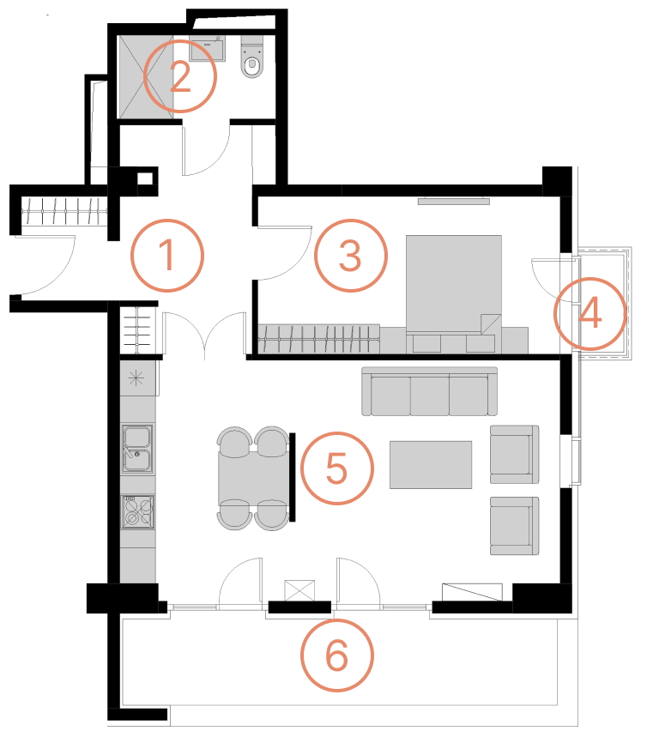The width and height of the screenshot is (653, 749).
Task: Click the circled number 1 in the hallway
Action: (x=167, y=256)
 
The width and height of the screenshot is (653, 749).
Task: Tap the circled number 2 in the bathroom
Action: (x=180, y=76)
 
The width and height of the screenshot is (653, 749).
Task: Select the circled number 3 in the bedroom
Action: (x=351, y=256)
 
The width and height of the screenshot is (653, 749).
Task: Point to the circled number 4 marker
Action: (x=590, y=314)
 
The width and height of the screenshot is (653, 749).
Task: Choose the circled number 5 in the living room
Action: (x=336, y=468)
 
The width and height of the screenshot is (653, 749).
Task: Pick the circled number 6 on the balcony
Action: (x=336, y=655)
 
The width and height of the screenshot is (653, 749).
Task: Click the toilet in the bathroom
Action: (x=251, y=57)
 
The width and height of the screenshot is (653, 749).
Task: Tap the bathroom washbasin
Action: (x=208, y=48)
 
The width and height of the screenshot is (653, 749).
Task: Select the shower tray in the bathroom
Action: (x=146, y=76)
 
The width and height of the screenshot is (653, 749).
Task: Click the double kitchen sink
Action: (x=137, y=449)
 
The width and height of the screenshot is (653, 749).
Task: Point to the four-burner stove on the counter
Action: (x=137, y=511)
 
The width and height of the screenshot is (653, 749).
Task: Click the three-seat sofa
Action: (x=429, y=391)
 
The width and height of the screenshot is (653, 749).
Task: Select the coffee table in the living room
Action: (x=431, y=465)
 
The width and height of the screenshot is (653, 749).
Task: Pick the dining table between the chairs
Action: (x=254, y=478)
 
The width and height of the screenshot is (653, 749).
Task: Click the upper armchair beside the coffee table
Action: (x=515, y=454)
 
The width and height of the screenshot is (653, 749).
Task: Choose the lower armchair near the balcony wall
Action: (x=515, y=525)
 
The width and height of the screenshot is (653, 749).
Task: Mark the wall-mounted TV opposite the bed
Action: (x=454, y=201)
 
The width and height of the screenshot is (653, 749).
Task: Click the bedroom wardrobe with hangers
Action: (x=318, y=339)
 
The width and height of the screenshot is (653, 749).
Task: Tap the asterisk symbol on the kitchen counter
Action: (x=136, y=379)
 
